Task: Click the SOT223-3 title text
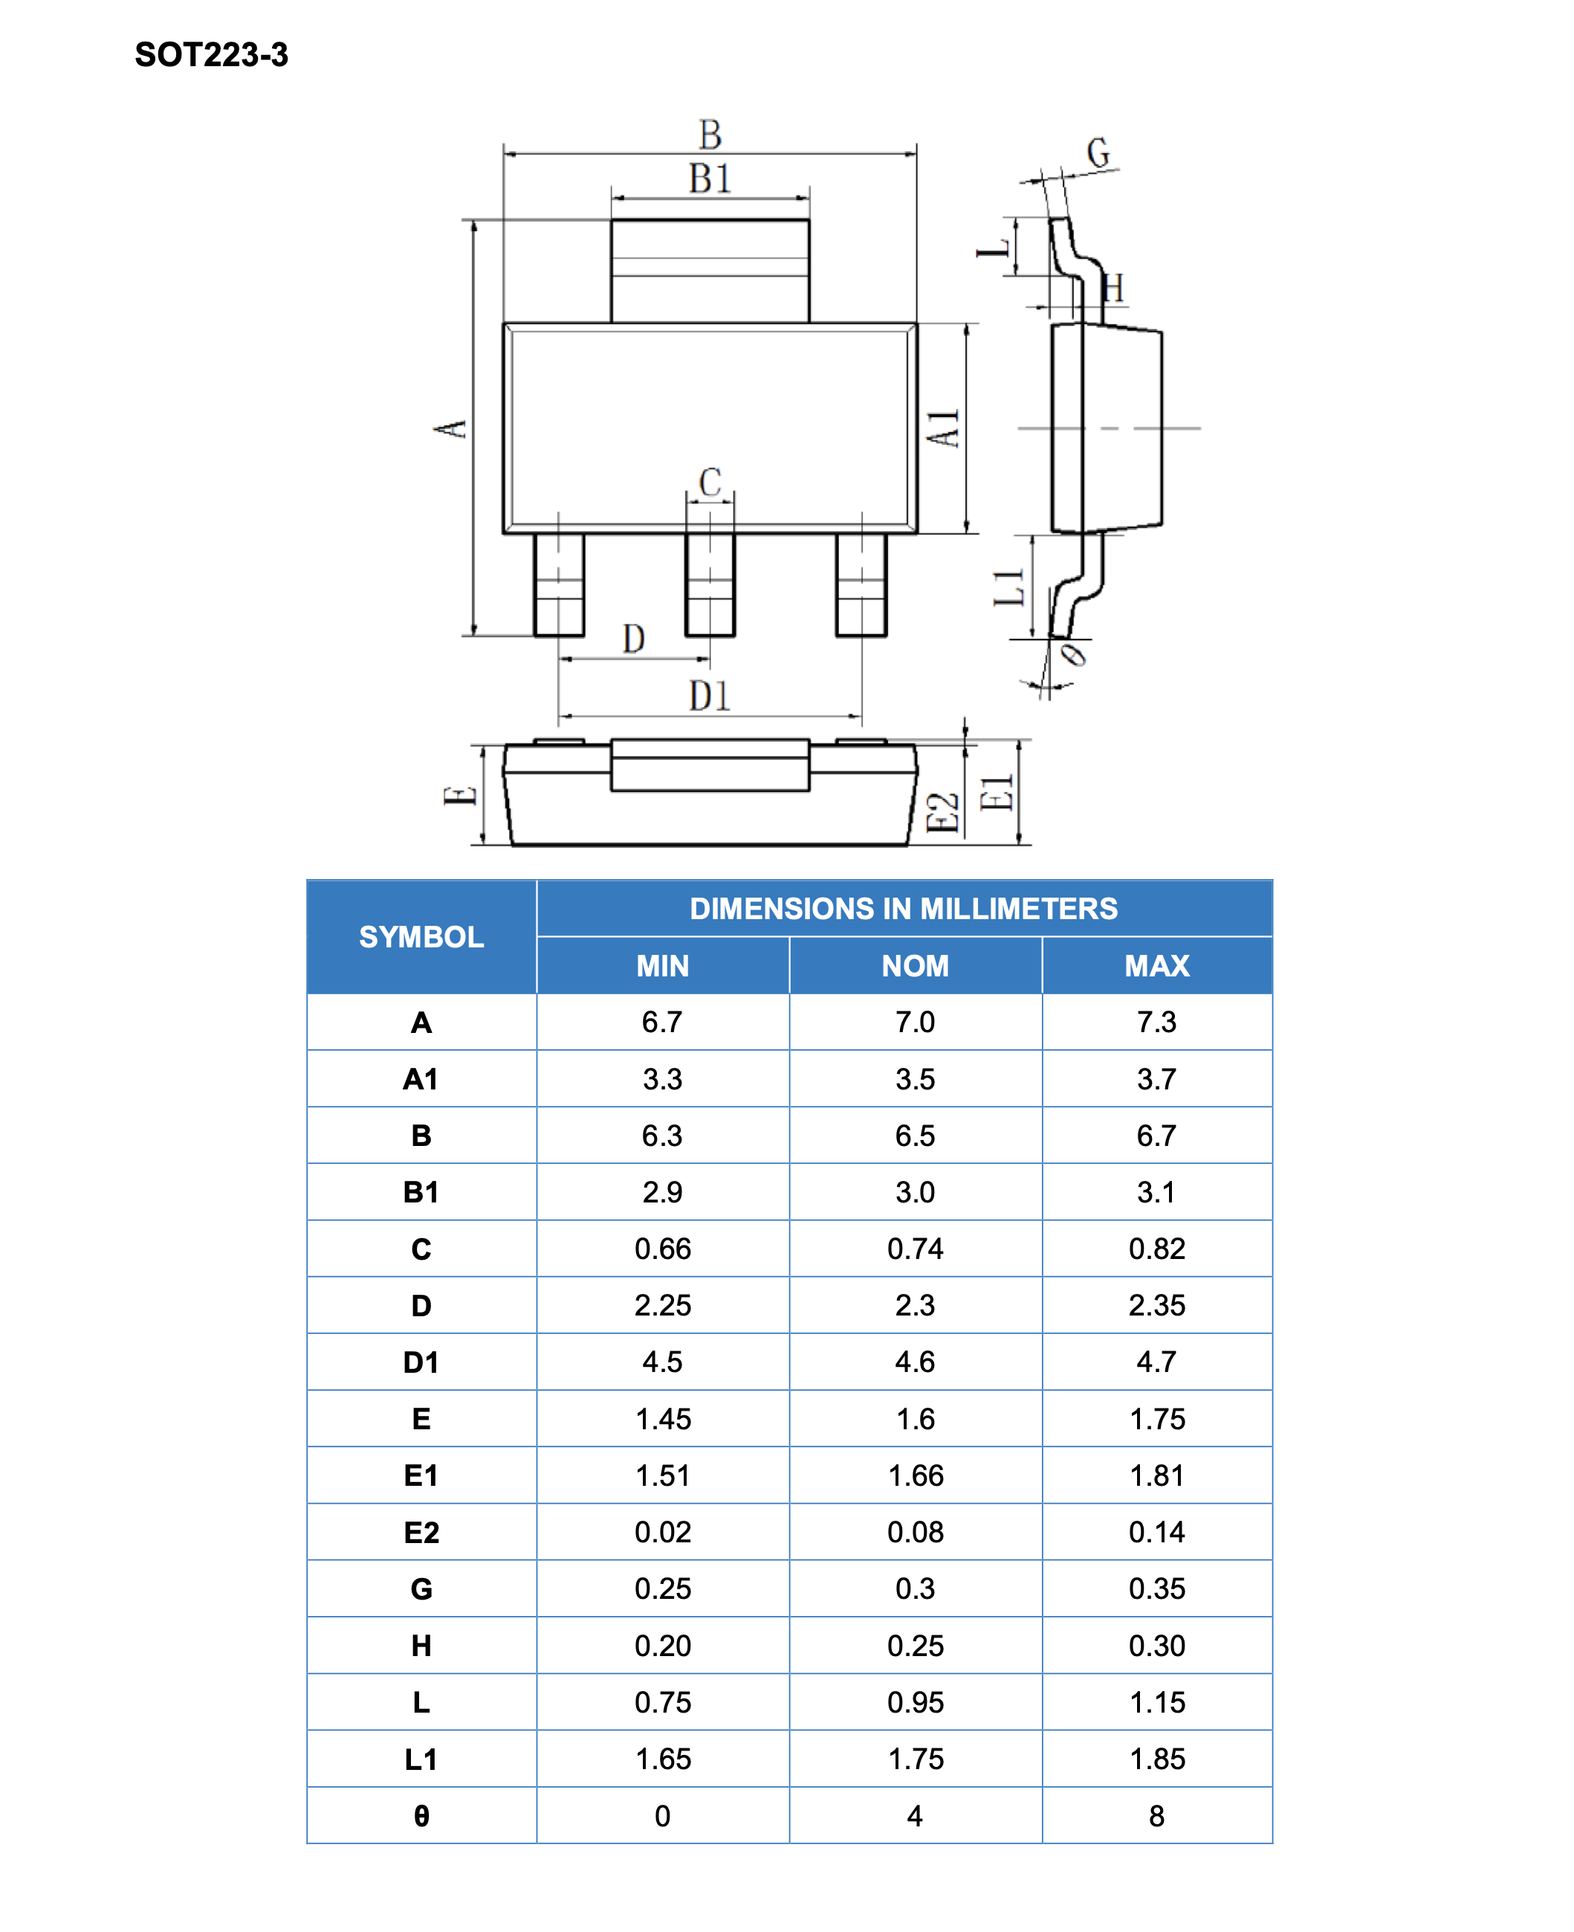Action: coord(211,54)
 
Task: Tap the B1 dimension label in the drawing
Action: coord(710,178)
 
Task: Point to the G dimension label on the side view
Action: coord(1098,152)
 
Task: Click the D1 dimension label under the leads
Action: coord(710,696)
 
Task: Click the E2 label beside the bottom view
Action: coord(942,812)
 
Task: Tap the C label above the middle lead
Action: coord(710,482)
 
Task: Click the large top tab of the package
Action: coord(710,270)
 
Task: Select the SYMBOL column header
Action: coord(421,936)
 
